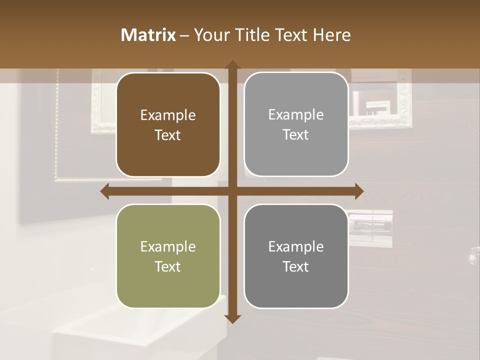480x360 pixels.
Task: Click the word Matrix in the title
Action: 148,35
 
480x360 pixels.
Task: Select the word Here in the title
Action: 331,35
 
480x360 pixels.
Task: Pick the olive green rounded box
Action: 168,285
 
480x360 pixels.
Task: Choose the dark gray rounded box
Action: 296,285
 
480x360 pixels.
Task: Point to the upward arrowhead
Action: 232,65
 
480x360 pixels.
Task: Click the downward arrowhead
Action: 232,318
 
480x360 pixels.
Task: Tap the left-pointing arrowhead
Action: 105,191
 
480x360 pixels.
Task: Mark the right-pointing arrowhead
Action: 359,191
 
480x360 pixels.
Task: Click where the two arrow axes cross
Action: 232,191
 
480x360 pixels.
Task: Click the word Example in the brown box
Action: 168,115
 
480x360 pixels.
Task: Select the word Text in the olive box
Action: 168,266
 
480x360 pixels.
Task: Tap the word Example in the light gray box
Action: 296,115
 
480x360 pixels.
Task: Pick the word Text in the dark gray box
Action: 296,266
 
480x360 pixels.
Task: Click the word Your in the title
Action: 210,35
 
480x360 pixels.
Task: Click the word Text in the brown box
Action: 168,135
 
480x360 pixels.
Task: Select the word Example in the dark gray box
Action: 296,246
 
